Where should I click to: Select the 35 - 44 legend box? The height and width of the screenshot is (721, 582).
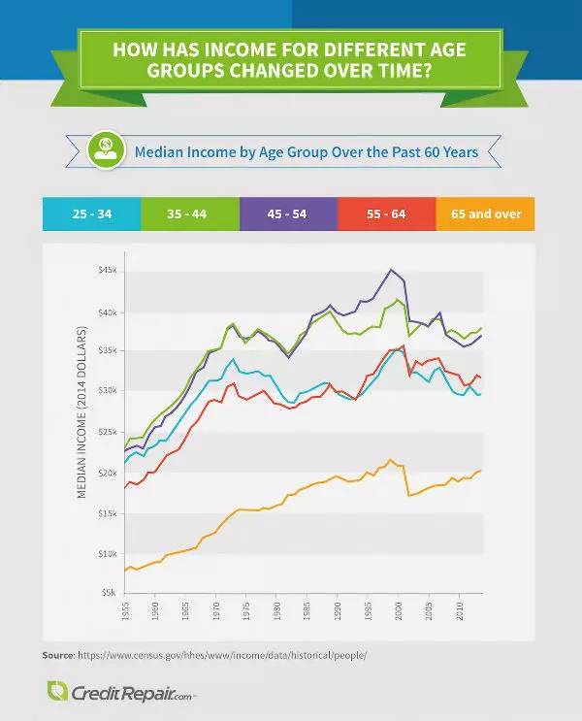point(190,213)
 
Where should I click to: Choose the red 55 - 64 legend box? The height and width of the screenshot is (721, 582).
point(387,213)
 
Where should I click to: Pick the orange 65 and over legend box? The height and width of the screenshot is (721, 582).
point(486,213)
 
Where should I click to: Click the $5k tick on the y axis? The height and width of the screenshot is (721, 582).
point(108,591)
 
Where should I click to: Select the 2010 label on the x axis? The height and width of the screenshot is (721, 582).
point(458,612)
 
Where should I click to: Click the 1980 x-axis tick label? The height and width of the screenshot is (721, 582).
point(276,612)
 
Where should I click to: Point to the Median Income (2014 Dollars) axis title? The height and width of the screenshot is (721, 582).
point(83,413)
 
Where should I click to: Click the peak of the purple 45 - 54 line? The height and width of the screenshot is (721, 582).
point(391,270)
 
